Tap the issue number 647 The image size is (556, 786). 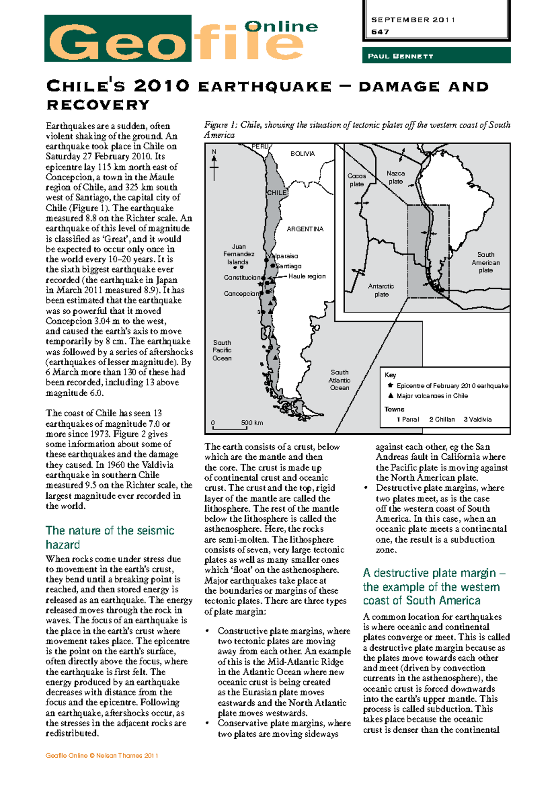(380, 32)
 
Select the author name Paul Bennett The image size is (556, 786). (400, 56)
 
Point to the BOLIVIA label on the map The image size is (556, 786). (302, 154)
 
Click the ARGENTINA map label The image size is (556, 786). (305, 229)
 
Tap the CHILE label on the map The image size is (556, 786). (277, 192)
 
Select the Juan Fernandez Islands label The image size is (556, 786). (239, 254)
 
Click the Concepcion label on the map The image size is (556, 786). (241, 293)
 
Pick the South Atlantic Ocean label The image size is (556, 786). (339, 380)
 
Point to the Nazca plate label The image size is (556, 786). (396, 177)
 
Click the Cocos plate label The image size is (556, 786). (357, 180)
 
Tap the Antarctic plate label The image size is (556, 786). (381, 290)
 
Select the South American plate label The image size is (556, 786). (486, 262)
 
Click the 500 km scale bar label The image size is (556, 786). (252, 423)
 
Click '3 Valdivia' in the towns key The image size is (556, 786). (477, 419)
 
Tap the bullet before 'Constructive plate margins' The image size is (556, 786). (208, 631)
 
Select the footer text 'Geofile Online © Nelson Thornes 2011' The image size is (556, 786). (102, 755)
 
